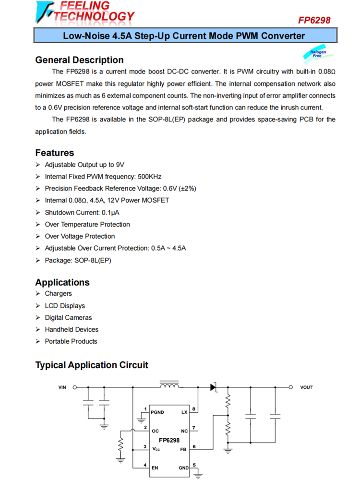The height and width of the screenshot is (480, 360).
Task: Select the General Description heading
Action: (x=79, y=60)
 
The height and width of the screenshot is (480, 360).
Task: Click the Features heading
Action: (x=55, y=153)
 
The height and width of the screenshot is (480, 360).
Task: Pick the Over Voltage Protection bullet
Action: (x=80, y=236)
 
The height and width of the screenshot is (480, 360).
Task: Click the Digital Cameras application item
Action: (x=68, y=318)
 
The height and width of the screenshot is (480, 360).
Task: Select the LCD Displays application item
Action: (x=65, y=306)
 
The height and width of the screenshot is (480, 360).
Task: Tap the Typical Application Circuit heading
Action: (x=92, y=365)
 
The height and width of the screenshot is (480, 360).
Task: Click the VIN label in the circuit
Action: (x=62, y=387)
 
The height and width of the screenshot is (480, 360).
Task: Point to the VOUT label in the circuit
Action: (x=306, y=387)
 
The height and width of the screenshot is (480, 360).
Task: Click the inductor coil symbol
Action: (x=169, y=385)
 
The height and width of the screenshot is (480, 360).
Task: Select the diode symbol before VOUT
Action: (x=214, y=387)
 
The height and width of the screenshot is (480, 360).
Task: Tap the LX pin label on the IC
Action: (x=184, y=412)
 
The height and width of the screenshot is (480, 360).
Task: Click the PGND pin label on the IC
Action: (x=157, y=412)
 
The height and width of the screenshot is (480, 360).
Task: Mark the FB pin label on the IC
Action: (x=183, y=450)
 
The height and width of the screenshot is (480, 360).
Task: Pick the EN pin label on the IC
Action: (x=155, y=467)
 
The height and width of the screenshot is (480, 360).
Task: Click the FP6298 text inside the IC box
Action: (x=169, y=440)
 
